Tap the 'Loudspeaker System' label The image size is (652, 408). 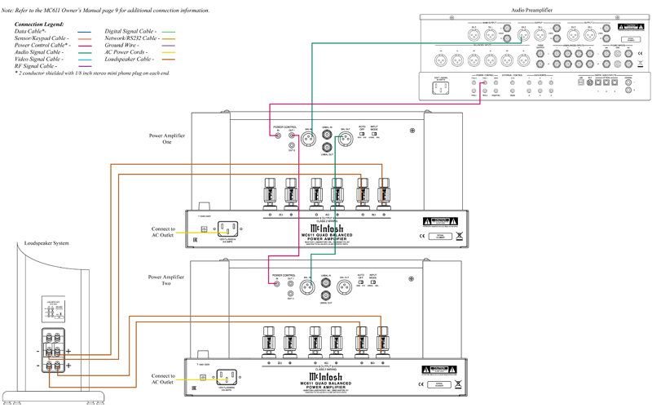46,243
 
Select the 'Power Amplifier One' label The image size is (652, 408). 166,138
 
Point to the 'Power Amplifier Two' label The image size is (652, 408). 166,281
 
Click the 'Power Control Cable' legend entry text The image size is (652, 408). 41,45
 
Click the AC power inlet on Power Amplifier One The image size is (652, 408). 227,229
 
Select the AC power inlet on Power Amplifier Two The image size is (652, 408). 227,376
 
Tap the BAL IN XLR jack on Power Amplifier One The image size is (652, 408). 309,139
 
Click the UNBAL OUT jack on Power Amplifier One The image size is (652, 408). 327,149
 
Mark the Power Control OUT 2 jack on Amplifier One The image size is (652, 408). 291,149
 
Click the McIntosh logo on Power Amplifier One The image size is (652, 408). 324,229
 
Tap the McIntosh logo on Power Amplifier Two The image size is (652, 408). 324,375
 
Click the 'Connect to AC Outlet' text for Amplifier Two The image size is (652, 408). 163,379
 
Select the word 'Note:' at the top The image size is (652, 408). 9,11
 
